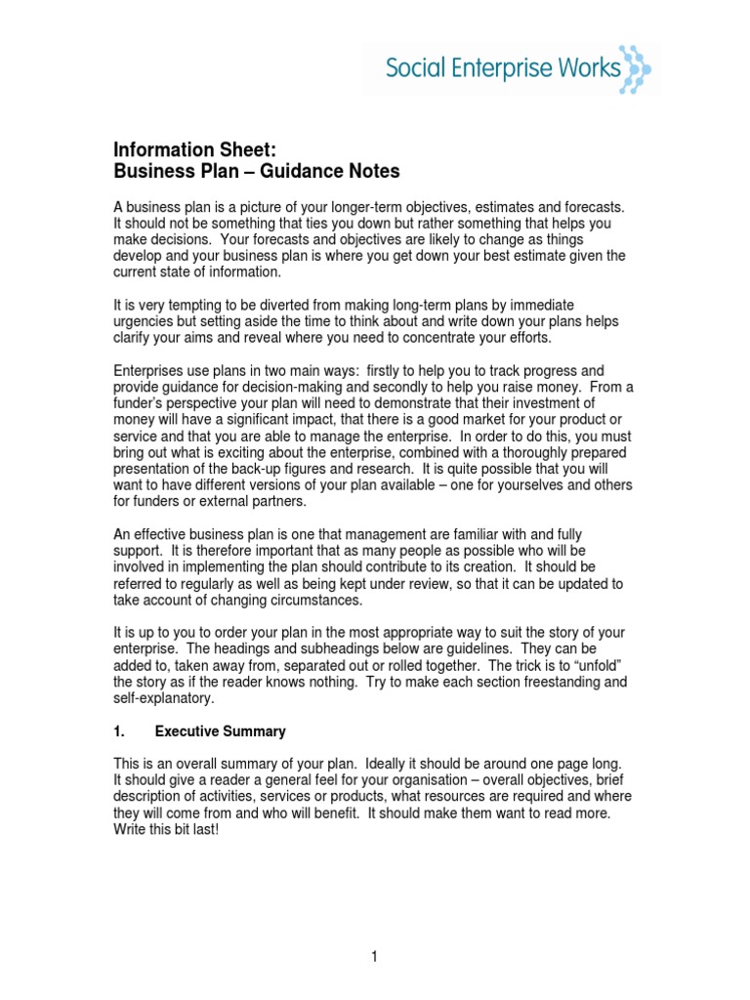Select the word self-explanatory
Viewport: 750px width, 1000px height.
click(163, 698)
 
